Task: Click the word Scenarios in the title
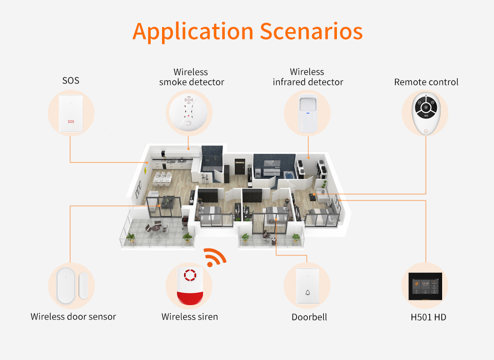click(x=311, y=31)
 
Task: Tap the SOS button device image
click(x=71, y=114)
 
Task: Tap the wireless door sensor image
click(x=71, y=286)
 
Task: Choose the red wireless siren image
click(x=190, y=287)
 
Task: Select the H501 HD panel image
click(x=425, y=286)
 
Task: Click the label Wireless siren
click(x=190, y=317)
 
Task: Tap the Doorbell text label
click(x=309, y=317)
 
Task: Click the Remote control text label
click(x=426, y=82)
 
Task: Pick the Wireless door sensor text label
click(x=73, y=317)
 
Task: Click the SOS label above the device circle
click(x=71, y=80)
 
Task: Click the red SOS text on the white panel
click(x=71, y=121)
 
